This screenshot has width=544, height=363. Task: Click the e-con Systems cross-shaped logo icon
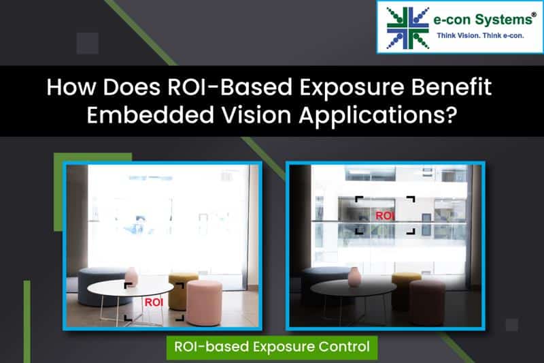click(x=408, y=28)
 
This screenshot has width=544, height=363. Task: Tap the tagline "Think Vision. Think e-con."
click(x=480, y=35)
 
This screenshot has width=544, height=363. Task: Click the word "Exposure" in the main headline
click(x=352, y=87)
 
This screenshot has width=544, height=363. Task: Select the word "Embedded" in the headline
click(x=150, y=114)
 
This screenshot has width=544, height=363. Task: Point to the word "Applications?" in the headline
click(x=377, y=115)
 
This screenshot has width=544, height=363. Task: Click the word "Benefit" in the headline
click(x=452, y=86)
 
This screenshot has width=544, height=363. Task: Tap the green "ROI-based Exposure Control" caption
click(x=271, y=347)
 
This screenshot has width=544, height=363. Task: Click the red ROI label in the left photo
click(x=154, y=302)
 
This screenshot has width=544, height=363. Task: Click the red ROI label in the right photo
click(x=385, y=216)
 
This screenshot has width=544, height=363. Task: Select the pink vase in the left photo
click(x=131, y=276)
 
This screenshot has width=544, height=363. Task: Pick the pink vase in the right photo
click(x=354, y=277)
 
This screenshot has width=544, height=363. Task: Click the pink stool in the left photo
click(x=204, y=302)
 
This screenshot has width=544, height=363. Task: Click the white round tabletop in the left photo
click(x=131, y=288)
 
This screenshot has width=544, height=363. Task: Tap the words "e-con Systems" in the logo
click(x=483, y=20)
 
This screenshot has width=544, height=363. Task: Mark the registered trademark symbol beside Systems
click(x=534, y=14)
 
